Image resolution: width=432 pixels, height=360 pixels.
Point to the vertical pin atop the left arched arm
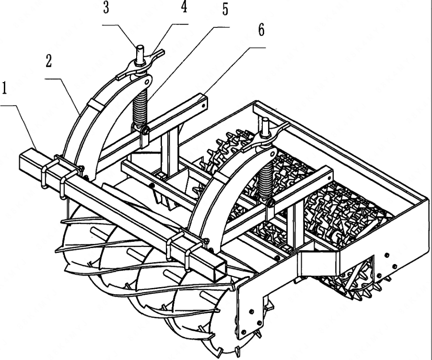pos(141,54)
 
